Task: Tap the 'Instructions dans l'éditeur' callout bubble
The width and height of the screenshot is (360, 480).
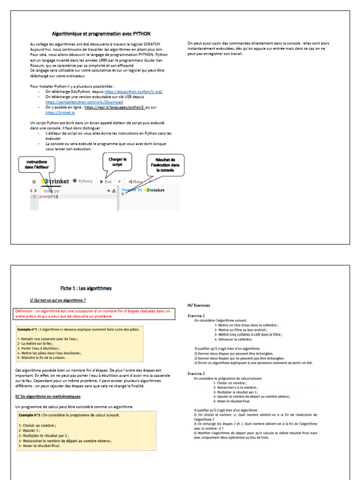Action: [x=37, y=164]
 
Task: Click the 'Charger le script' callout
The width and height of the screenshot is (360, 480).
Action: [x=118, y=162]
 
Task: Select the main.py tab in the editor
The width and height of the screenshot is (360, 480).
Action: [x=52, y=191]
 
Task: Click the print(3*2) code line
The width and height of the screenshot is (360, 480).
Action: [x=47, y=197]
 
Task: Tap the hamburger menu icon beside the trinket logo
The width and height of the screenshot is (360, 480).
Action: [x=34, y=181]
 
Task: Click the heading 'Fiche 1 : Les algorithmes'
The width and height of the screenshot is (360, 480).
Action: [x=86, y=288]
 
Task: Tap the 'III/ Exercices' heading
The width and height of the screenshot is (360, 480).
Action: [x=199, y=305]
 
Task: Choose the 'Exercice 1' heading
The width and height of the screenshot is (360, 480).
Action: [x=196, y=316]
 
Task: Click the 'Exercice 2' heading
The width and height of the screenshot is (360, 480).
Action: [x=196, y=374]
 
